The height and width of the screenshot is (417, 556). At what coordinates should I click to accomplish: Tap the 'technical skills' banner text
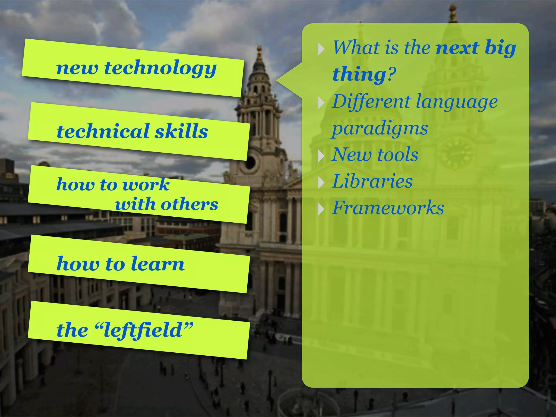(132, 132)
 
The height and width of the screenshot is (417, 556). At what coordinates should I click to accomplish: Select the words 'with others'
(166, 204)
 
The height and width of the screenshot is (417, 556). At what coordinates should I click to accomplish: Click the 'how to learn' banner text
(121, 264)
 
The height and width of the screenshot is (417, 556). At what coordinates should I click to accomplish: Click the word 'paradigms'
(380, 128)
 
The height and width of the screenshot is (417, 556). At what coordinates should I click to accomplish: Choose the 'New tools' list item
(375, 154)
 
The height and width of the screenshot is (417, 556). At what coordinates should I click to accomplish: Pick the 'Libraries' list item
(372, 181)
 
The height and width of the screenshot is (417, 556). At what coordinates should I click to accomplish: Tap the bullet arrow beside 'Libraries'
(321, 182)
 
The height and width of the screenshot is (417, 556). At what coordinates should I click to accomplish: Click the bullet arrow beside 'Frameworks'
(321, 209)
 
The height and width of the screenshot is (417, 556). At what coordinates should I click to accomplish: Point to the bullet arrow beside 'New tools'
(321, 156)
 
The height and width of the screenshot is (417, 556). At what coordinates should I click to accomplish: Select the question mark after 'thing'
(391, 74)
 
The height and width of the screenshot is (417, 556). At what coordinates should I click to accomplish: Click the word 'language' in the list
(457, 102)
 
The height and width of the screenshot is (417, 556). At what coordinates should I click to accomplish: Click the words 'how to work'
(113, 185)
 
